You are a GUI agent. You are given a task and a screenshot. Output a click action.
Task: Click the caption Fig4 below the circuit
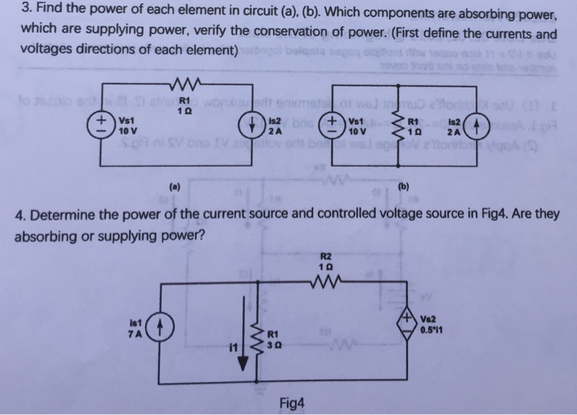click(293, 403)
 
